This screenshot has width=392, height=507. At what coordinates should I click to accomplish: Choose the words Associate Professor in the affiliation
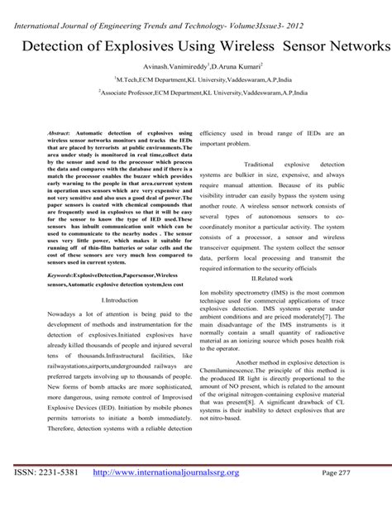(x=135, y=96)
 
